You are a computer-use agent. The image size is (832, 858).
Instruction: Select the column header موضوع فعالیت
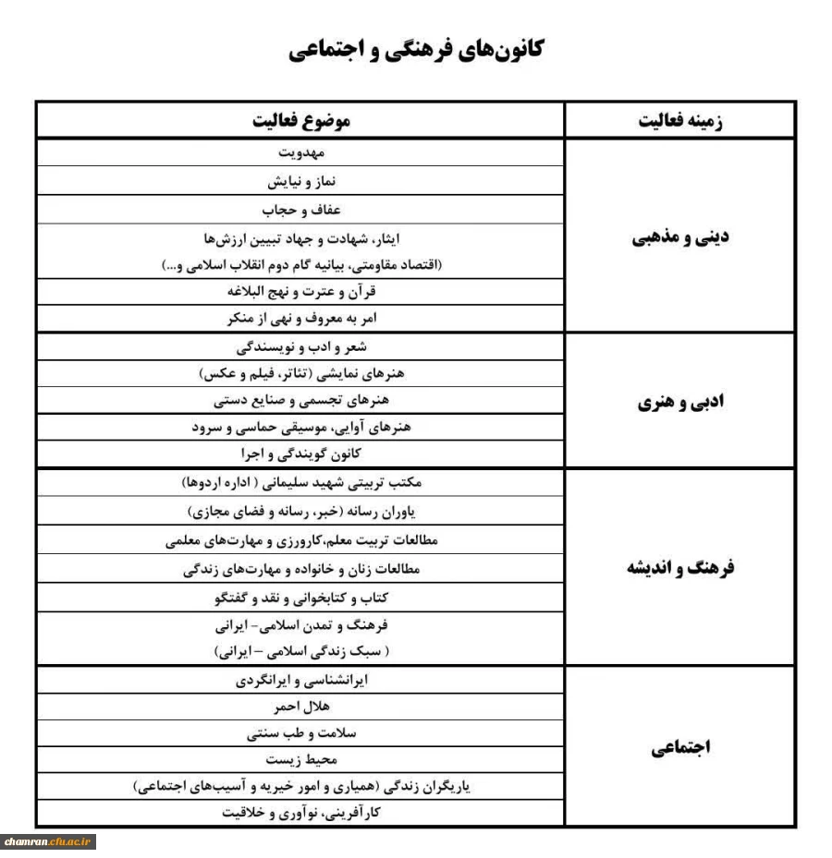coord(301,121)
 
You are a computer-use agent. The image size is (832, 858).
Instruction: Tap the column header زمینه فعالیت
coord(680,121)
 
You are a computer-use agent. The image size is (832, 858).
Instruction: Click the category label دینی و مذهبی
coord(680,236)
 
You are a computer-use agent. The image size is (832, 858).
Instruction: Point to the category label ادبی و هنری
coord(680,402)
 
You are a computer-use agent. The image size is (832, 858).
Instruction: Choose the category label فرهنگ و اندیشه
coord(680,567)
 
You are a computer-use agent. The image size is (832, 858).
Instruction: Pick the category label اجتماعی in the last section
coord(680,747)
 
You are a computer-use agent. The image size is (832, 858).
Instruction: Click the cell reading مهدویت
coord(301,153)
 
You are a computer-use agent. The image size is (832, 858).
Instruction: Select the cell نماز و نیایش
coord(301,181)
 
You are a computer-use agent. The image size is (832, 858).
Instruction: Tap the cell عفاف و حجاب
coord(301,210)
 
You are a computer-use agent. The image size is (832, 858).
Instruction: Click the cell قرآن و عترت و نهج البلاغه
coord(301,292)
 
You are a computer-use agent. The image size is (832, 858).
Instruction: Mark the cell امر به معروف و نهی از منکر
coord(301,320)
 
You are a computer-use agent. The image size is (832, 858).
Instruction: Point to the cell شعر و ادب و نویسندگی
coord(301,347)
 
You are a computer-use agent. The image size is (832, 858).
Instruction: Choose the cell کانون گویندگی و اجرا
coord(301,453)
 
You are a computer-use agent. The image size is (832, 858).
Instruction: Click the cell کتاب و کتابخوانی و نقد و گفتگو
coord(301,598)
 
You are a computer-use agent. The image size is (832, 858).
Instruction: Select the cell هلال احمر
coord(301,707)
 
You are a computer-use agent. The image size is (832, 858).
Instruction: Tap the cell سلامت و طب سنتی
coord(301,733)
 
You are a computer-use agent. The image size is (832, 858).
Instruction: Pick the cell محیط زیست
coord(301,760)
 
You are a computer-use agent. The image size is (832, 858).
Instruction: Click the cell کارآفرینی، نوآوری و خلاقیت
coord(301,813)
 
